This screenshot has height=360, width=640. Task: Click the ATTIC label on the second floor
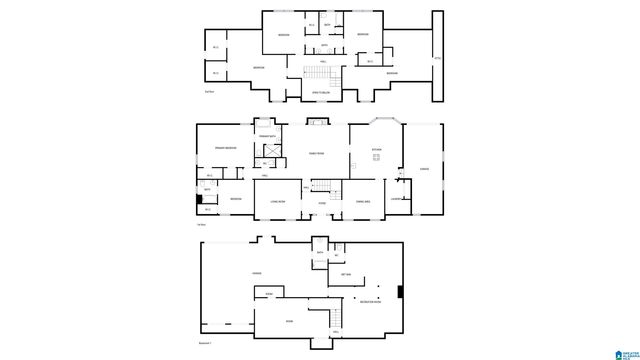[436, 59]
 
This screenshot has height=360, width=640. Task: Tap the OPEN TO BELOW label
[323, 91]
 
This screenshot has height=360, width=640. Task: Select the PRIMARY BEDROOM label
[225, 148]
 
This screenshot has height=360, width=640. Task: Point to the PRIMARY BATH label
[266, 135]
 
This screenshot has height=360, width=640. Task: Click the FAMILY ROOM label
[315, 153]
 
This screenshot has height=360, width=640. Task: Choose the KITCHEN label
[377, 149]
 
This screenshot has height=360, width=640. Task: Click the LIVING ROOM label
[277, 201]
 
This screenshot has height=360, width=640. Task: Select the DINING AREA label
[364, 201]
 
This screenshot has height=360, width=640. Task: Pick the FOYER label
[322, 203]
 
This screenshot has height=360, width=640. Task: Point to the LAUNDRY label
[397, 199]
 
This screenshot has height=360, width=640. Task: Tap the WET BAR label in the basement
[346, 274]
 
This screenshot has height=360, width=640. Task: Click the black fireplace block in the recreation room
[400, 293]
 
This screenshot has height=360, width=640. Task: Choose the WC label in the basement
[336, 254]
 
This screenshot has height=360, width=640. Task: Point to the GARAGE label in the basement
[257, 272]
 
